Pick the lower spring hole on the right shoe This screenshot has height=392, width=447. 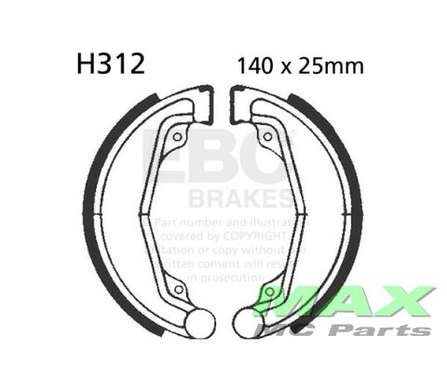[x=269, y=292]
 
